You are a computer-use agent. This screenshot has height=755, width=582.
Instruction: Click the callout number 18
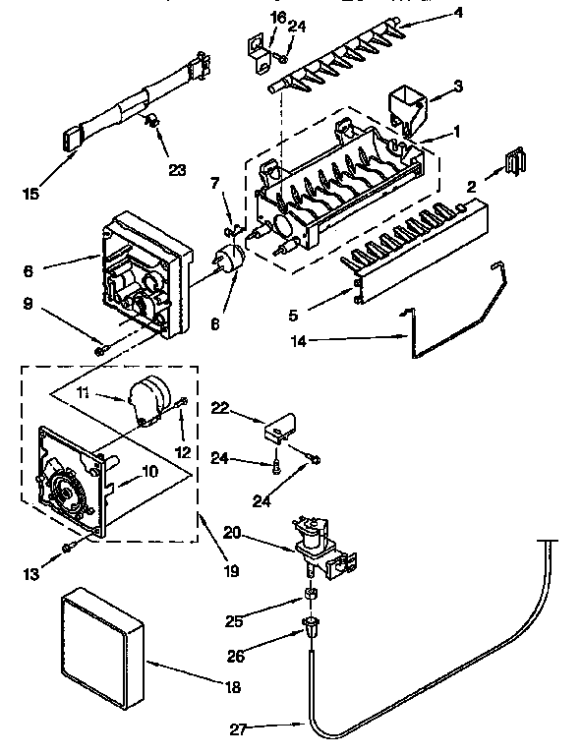pyautogui.click(x=232, y=688)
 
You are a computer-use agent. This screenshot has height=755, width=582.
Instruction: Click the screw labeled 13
pyautogui.click(x=66, y=547)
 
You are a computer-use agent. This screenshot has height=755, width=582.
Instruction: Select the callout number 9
pyautogui.click(x=31, y=305)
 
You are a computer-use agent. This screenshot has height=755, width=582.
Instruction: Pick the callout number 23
pyautogui.click(x=177, y=168)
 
